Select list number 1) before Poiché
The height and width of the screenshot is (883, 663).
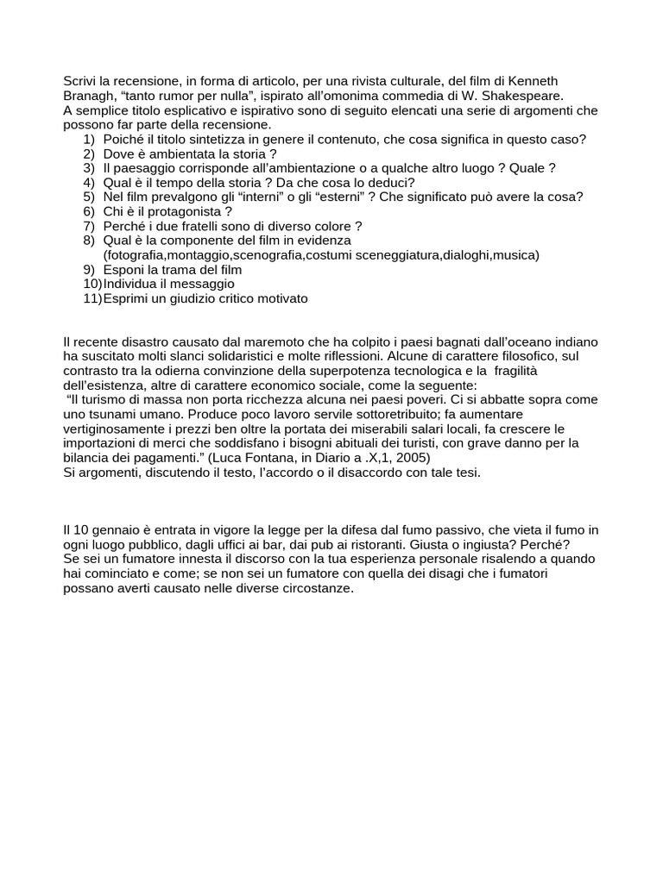[x=89, y=140]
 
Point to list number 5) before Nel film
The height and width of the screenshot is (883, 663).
[x=89, y=197]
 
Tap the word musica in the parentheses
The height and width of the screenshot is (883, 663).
[x=515, y=255]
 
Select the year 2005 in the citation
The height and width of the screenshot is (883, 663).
[x=410, y=458]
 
